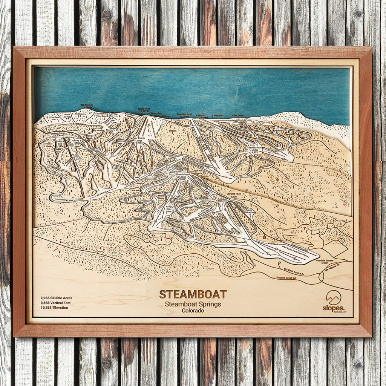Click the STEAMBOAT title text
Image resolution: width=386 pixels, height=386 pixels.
click(x=193, y=294)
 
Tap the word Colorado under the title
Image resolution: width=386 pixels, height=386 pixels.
click(x=193, y=311)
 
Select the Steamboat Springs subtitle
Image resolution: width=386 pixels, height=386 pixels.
click(x=193, y=304)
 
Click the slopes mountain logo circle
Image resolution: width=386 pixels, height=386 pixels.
click(x=333, y=297)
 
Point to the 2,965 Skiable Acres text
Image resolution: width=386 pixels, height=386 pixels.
click(x=57, y=298)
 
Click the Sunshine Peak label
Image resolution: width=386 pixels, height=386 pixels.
click(x=184, y=113)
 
